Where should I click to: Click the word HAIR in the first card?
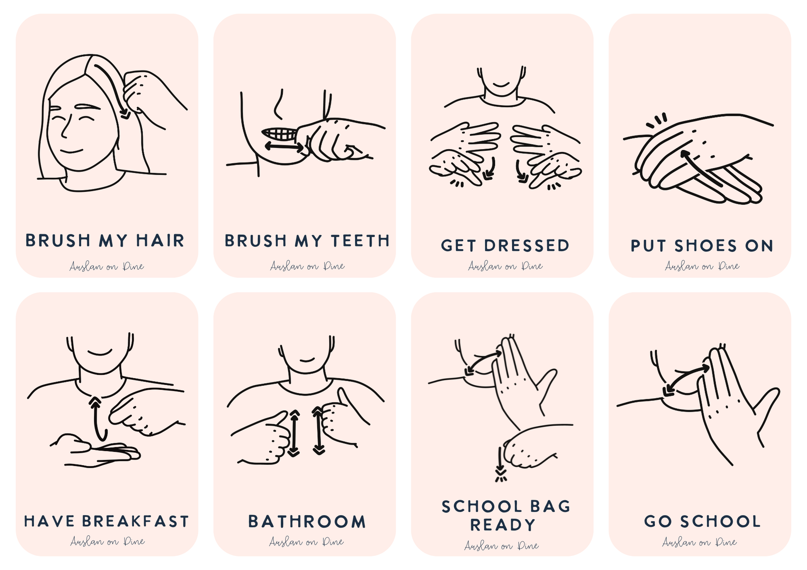[160, 241]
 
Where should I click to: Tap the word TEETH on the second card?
[360, 241]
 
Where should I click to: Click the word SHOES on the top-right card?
[705, 246]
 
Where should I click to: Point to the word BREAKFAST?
[135, 521]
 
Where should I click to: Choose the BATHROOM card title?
[307, 522]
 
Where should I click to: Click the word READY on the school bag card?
[503, 525]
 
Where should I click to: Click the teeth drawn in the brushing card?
[279, 134]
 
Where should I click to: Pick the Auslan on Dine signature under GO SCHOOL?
[700, 542]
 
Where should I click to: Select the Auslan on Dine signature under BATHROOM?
[306, 542]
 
